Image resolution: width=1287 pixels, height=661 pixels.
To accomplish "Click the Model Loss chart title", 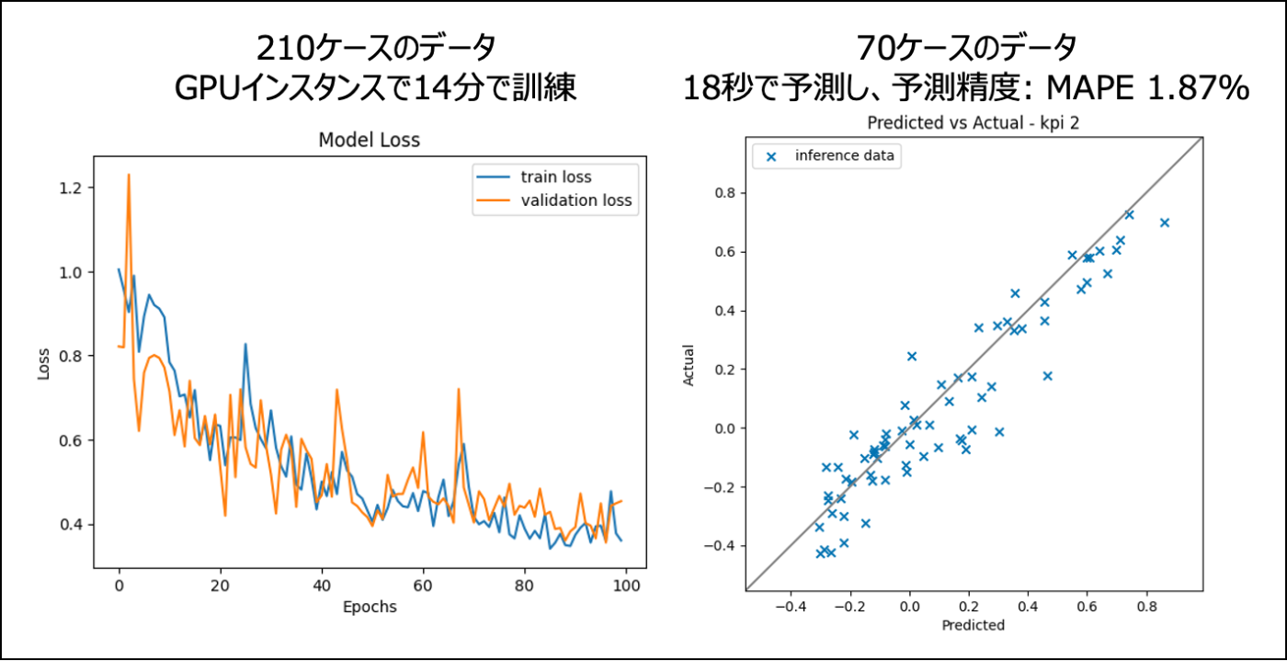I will [x=369, y=141].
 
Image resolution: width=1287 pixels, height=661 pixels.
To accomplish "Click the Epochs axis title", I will [x=370, y=607].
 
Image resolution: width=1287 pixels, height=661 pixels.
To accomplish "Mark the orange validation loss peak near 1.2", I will [x=129, y=175].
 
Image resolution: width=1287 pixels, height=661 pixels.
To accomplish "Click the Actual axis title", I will [x=690, y=365].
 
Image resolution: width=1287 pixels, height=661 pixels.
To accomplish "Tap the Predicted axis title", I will [x=974, y=625].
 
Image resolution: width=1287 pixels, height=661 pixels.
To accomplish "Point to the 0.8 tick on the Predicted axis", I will [x=1145, y=607].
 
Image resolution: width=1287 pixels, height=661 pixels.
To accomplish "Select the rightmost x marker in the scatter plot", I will [x=1165, y=222].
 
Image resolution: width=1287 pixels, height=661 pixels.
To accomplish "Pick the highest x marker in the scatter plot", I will [x=1129, y=214].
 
